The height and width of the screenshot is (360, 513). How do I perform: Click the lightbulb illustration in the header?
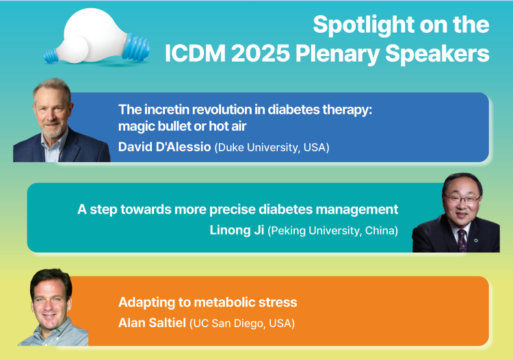[x=97, y=37]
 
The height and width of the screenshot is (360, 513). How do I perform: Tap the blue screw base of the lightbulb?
[x=136, y=47]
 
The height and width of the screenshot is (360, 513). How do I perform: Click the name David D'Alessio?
[x=165, y=147]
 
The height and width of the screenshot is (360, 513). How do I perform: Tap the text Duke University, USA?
[x=272, y=147]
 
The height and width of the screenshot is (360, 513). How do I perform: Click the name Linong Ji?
[x=237, y=230]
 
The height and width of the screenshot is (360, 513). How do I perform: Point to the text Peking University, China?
[x=332, y=231]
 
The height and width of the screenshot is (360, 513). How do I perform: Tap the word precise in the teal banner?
[x=233, y=209]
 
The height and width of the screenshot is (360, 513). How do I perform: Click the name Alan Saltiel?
[x=152, y=323]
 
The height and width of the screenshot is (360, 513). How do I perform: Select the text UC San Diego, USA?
[x=242, y=323]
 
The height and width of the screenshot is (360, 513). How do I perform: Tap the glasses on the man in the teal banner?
[x=462, y=198]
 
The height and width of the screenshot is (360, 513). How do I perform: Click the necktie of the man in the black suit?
[x=462, y=240]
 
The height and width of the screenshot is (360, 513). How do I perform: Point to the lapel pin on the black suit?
[x=476, y=240]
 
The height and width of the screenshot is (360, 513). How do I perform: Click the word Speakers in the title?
[x=438, y=53]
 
